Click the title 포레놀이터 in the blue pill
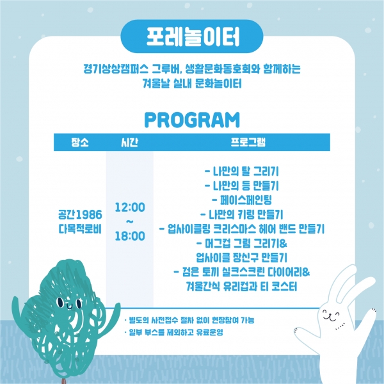193,36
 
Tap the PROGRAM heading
192,120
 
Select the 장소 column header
80,142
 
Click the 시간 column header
129,142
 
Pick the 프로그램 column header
248,142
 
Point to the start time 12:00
130,207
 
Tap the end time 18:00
130,236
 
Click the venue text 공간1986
80,214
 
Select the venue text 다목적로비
80,229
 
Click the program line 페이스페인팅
242,200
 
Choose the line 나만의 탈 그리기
242,171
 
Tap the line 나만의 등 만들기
242,186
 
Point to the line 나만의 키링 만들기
242,214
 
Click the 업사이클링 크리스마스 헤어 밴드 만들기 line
242,229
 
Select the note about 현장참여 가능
189,320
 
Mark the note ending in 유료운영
173,332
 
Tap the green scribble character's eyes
69,303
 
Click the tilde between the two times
130,221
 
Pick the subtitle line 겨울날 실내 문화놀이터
192,83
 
